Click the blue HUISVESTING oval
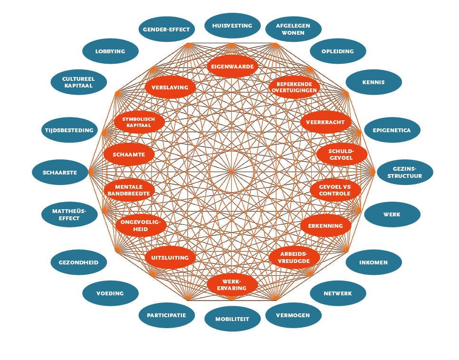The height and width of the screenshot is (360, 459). (232, 26)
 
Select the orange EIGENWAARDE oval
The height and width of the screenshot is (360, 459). (232, 67)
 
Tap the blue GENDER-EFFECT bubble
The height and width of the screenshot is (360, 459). (167, 29)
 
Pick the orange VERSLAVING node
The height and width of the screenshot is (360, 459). (170, 88)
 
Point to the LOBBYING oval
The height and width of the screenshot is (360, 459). (110, 51)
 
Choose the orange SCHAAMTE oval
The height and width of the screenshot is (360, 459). (129, 155)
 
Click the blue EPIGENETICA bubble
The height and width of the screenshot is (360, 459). (392, 130)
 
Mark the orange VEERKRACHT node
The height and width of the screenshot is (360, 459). (326, 122)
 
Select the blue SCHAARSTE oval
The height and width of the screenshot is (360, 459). (60, 172)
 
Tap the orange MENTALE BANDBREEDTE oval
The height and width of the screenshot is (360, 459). (129, 190)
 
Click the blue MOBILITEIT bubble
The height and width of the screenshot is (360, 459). (232, 319)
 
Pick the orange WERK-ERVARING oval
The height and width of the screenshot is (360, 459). (232, 285)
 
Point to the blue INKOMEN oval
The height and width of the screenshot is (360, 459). (373, 262)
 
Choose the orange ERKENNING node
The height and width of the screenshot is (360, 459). (326, 225)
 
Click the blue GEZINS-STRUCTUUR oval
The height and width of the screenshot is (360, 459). (405, 172)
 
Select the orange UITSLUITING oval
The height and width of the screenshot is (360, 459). (170, 257)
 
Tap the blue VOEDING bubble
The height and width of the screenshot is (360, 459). (110, 293)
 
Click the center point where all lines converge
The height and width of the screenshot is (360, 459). (231, 172)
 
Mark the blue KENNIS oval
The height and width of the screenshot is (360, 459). (373, 82)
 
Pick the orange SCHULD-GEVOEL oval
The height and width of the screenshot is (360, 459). (342, 155)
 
